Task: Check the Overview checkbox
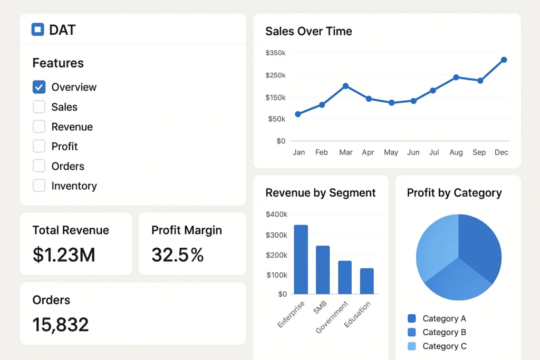39,87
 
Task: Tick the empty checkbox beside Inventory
39,186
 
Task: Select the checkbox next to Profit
39,146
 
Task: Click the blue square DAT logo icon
37,30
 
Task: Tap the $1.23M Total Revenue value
64,255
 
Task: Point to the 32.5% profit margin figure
177,255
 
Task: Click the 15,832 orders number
61,325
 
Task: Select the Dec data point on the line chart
504,60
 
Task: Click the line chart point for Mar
345,86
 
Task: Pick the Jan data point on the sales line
298,114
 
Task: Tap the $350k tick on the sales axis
275,53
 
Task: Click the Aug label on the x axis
456,152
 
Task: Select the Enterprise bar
301,259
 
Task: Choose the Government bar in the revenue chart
345,277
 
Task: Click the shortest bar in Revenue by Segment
367,281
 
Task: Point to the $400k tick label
276,215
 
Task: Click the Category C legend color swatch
412,346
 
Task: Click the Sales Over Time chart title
308,31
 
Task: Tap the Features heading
58,63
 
